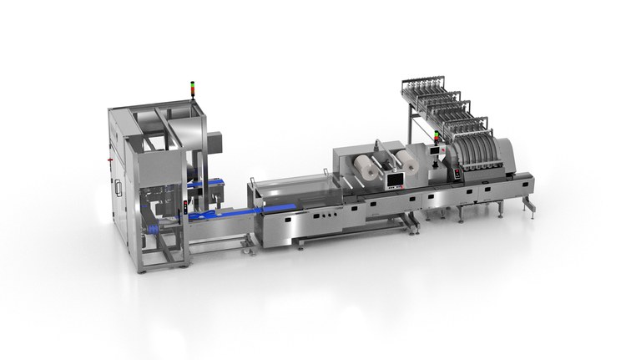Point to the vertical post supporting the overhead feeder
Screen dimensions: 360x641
(411, 125)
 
